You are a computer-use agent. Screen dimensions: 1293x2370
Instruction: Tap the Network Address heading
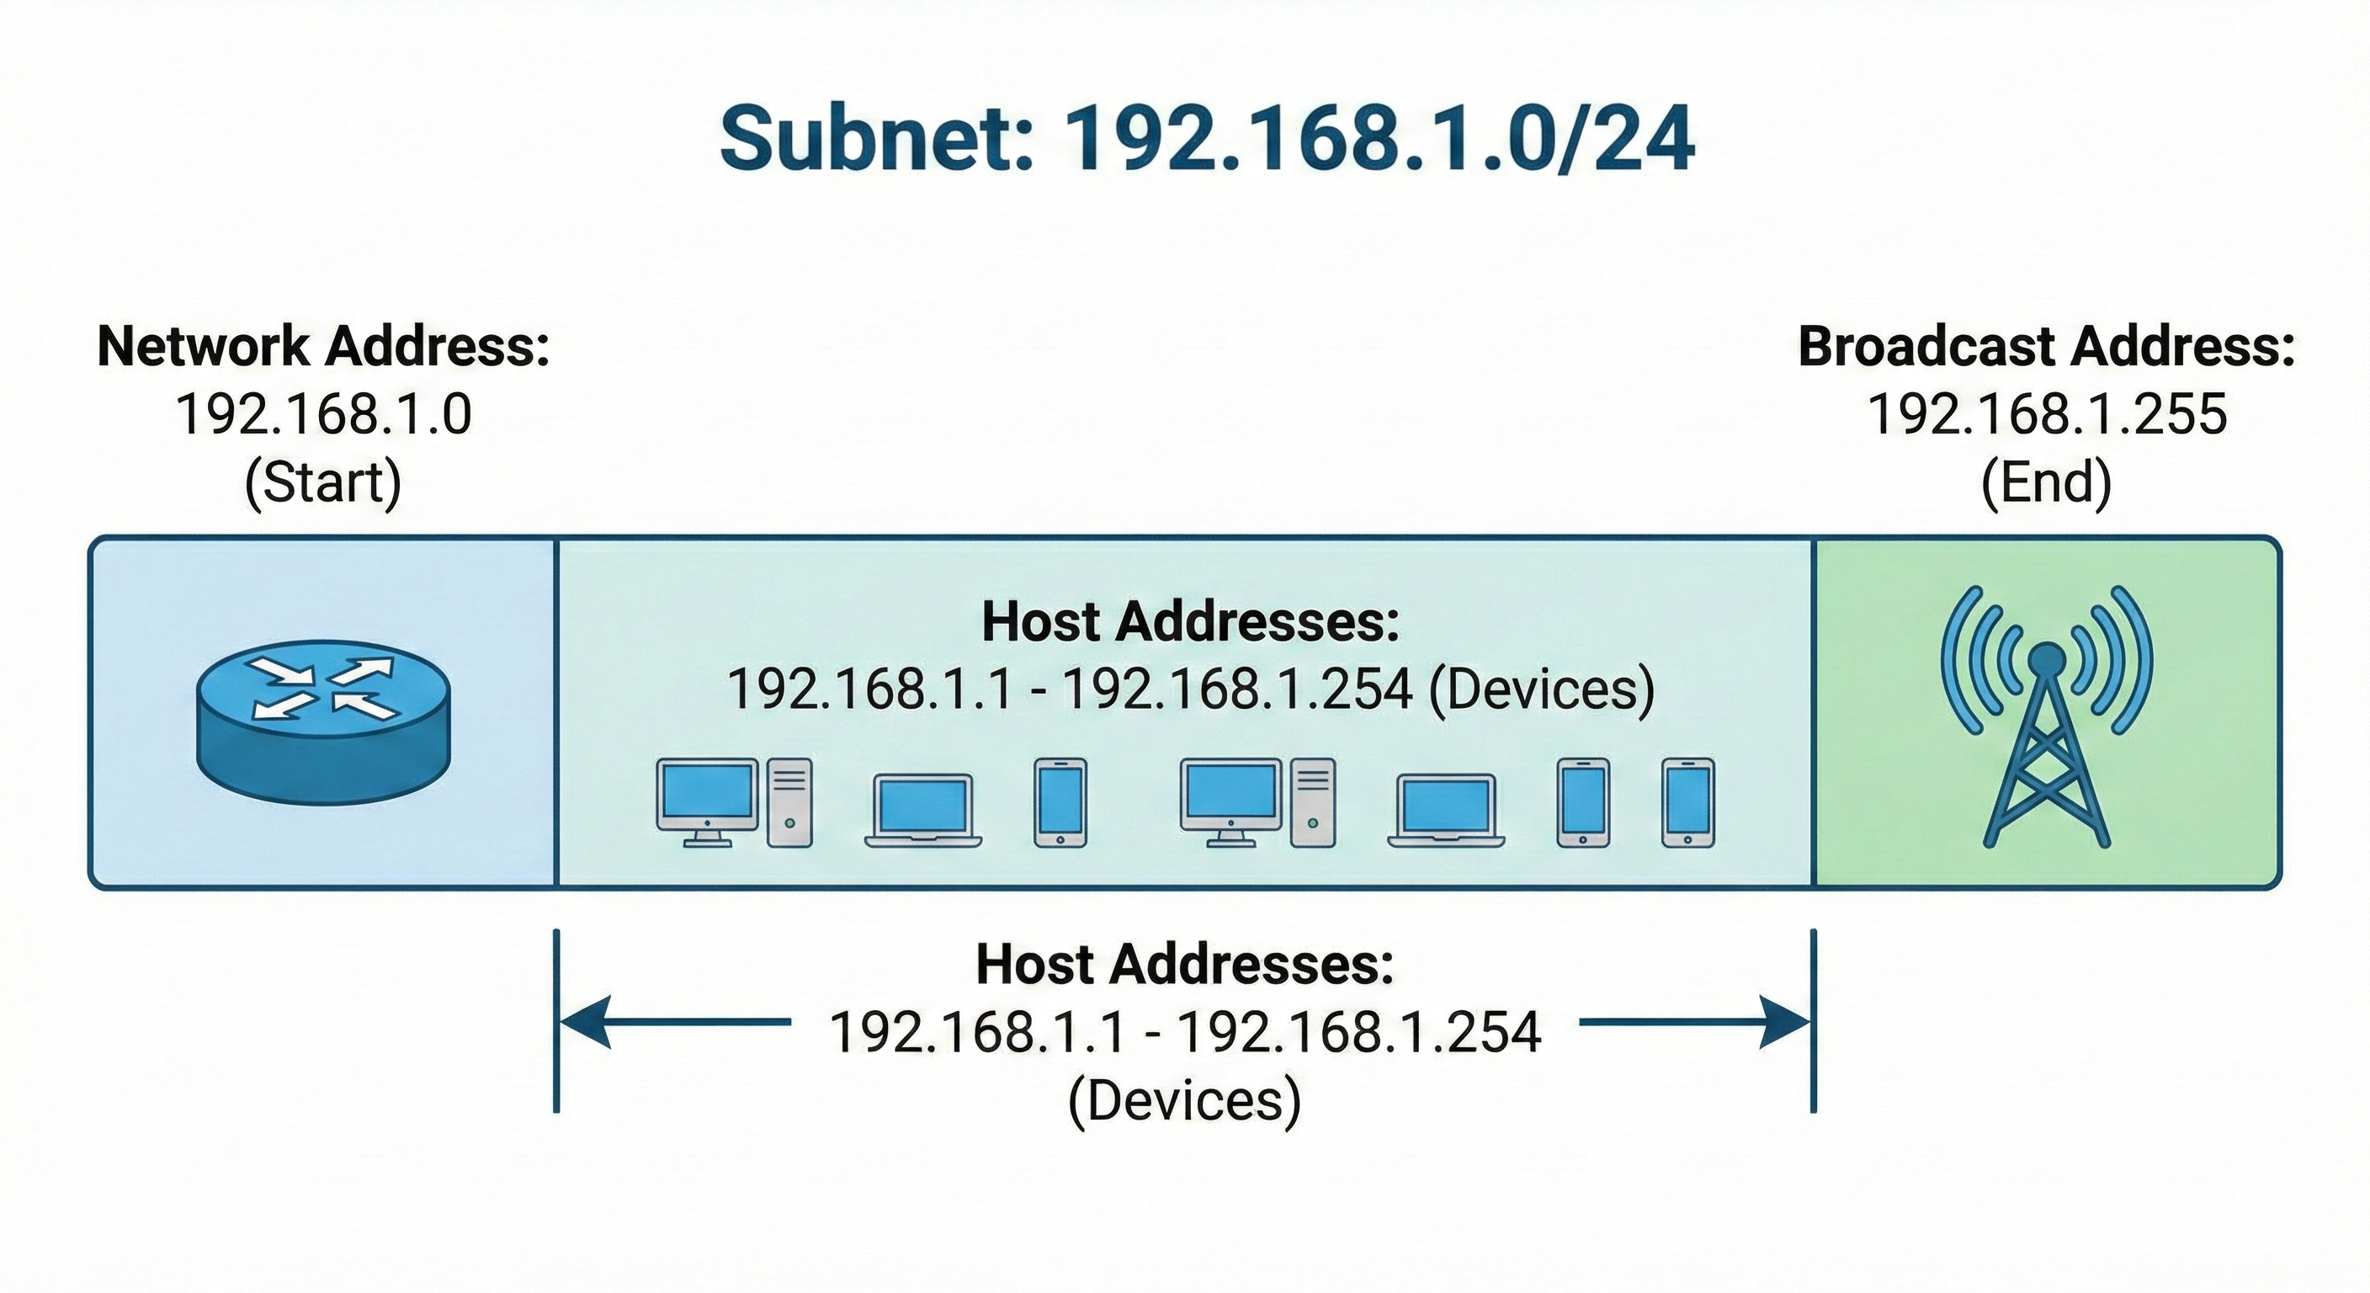[x=323, y=347]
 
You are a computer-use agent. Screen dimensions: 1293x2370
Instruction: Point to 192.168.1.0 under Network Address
[x=323, y=414]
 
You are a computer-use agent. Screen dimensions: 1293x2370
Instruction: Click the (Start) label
[x=323, y=482]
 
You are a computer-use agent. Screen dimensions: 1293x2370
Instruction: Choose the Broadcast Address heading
[x=2046, y=347]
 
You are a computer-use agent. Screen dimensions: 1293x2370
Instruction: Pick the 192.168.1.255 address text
[x=2046, y=414]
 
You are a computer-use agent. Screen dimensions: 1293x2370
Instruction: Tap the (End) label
[x=2046, y=482]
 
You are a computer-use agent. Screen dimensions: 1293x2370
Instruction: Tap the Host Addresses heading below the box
[x=1185, y=964]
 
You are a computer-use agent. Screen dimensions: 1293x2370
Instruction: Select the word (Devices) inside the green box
[x=1541, y=689]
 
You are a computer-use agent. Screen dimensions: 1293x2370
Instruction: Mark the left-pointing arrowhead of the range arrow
[x=585, y=1021]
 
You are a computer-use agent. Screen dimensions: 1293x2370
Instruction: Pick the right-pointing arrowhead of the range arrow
[x=1785, y=1021]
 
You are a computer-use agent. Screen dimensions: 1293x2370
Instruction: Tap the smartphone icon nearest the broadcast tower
[x=1688, y=802]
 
